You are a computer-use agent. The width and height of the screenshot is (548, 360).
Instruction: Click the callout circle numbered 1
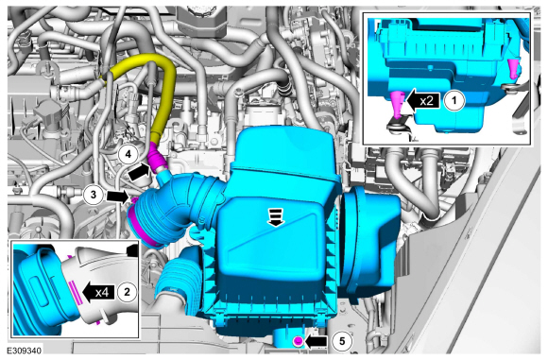pos(454,101)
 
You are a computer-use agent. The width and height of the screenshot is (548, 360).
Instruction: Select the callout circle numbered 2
pos(127,291)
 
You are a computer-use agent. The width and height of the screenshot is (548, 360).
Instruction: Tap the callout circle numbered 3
pos(94,195)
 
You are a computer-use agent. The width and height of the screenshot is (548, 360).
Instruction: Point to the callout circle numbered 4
pos(128,154)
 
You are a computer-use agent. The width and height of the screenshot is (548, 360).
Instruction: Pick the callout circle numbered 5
pos(342,341)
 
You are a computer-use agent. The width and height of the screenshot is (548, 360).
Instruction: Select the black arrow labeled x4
pos(99,292)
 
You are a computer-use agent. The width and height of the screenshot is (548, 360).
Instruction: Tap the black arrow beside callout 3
pos(118,196)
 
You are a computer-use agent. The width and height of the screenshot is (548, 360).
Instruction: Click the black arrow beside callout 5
pos(316,341)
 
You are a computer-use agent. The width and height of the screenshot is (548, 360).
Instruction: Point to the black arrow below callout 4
pos(139,172)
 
